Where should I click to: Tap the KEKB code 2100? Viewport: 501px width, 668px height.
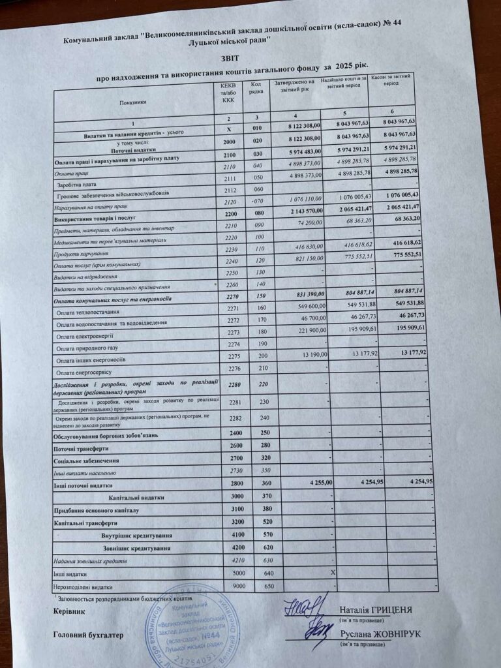coord(228,159)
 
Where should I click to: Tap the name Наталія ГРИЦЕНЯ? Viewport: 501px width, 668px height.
coord(376,610)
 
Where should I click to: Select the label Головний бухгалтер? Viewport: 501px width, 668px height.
coord(87,635)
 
